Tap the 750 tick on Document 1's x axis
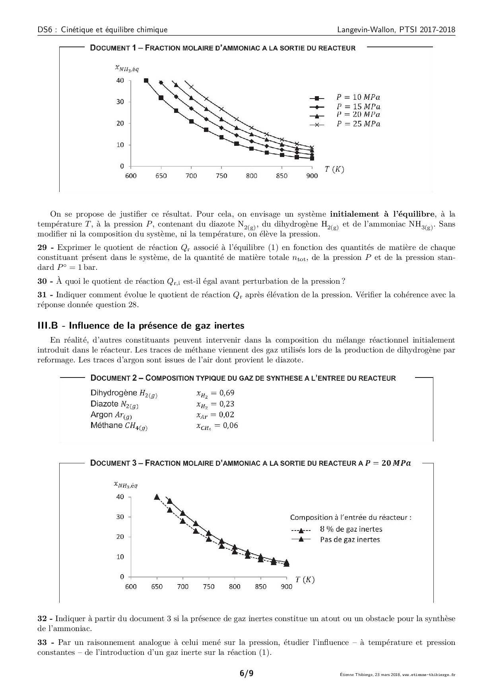pyautogui.click(x=221, y=176)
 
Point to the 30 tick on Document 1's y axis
pyautogui.click(x=120, y=102)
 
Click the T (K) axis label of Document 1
pyautogui.click(x=334, y=169)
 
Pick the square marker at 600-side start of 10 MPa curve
pyautogui.click(x=146, y=81)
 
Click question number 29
pyautogui.click(x=43, y=248)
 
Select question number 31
pyautogui.click(x=43, y=295)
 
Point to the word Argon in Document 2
pyautogui.click(x=102, y=415)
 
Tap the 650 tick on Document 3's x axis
pyautogui.click(x=157, y=587)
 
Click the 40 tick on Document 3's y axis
pyautogui.click(x=120, y=497)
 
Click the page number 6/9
pyautogui.click(x=246, y=673)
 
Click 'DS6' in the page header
pyautogui.click(x=44, y=30)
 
